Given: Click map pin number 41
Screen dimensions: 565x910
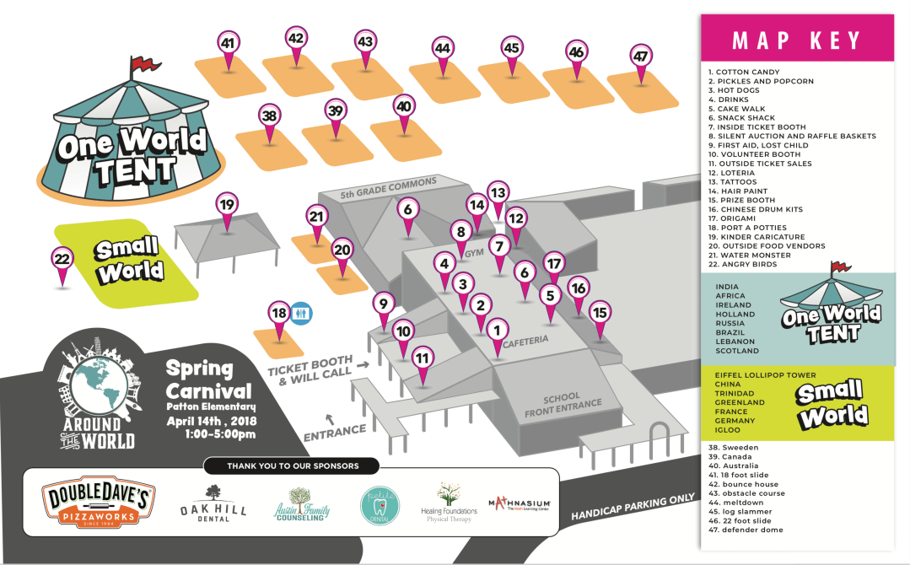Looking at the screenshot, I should click(x=228, y=43).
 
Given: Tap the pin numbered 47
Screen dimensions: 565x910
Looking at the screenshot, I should click(x=641, y=57).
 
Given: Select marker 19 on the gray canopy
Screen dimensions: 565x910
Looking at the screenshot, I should click(x=226, y=205).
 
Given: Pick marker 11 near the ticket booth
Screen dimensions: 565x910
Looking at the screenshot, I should click(x=423, y=358).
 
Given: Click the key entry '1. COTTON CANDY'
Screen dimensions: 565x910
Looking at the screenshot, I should click(x=744, y=73).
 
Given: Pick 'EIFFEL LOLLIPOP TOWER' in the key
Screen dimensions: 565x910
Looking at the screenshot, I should click(x=765, y=375).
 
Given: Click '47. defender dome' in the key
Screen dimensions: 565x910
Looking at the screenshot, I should click(x=746, y=530).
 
